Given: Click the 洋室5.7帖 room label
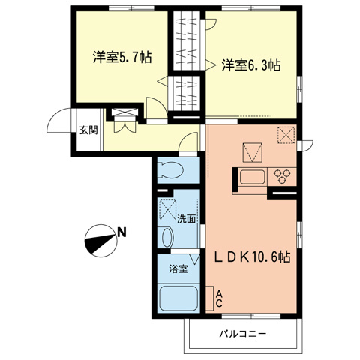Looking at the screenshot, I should tap(122, 57).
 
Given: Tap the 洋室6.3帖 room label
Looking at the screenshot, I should tap(250, 65).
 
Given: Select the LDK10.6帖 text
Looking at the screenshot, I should tap(254, 256).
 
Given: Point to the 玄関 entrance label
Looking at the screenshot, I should tap(88, 130).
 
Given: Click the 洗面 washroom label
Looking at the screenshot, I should tap(186, 220).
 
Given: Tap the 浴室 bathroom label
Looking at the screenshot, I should tap(177, 268).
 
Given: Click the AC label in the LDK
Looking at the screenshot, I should tap(219, 299).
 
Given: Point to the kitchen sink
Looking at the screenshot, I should tap(253, 178).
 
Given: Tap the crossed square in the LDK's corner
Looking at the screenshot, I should tap(286, 135).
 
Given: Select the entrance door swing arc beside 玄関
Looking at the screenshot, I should tap(58, 119).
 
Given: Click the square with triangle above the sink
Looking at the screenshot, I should tap(252, 151).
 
